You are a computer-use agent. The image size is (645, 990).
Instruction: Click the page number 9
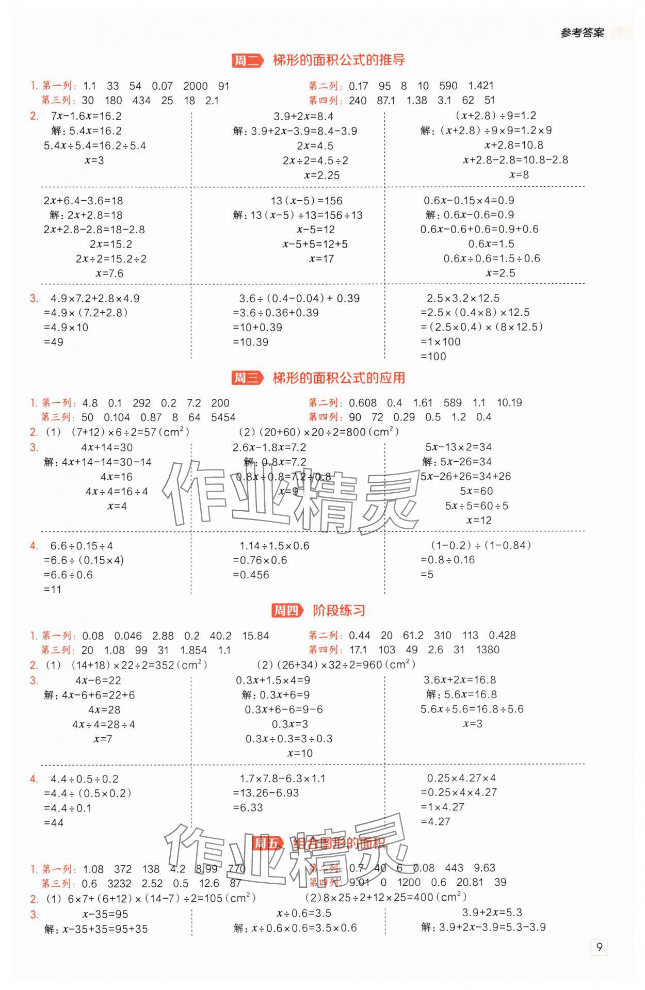[599, 947]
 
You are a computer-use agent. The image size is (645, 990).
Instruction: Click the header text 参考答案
[582, 33]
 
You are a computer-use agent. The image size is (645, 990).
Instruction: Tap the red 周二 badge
[247, 61]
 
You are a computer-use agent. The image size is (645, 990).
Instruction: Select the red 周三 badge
[247, 378]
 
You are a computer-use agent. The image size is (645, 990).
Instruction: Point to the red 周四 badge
[286, 611]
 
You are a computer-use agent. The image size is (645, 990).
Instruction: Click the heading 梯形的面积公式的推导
[338, 60]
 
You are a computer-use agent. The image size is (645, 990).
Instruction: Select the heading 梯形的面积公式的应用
[338, 378]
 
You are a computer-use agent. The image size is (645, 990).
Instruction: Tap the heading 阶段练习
[338, 611]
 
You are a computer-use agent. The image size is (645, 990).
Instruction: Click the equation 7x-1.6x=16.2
[86, 116]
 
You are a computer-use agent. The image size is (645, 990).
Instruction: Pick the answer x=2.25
[321, 175]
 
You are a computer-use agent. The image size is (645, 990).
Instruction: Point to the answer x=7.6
[109, 273]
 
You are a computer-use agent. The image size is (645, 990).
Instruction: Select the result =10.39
[250, 342]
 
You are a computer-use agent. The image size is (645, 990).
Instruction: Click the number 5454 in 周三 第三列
[223, 417]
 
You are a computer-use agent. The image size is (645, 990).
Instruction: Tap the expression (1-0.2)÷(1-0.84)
[480, 545]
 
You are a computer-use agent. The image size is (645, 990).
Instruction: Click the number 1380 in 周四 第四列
[488, 650]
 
